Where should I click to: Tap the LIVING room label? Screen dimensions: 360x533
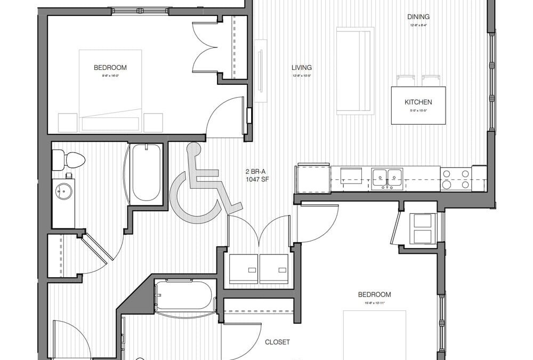(302, 68)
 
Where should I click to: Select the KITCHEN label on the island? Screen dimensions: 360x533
(418, 102)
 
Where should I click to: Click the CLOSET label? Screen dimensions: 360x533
(277, 342)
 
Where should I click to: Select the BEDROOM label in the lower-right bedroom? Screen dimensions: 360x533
(374, 294)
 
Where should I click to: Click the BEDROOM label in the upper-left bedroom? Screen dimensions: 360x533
(110, 67)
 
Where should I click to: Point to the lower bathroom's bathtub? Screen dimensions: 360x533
(184, 296)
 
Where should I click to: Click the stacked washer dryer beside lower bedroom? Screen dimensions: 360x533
(424, 228)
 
